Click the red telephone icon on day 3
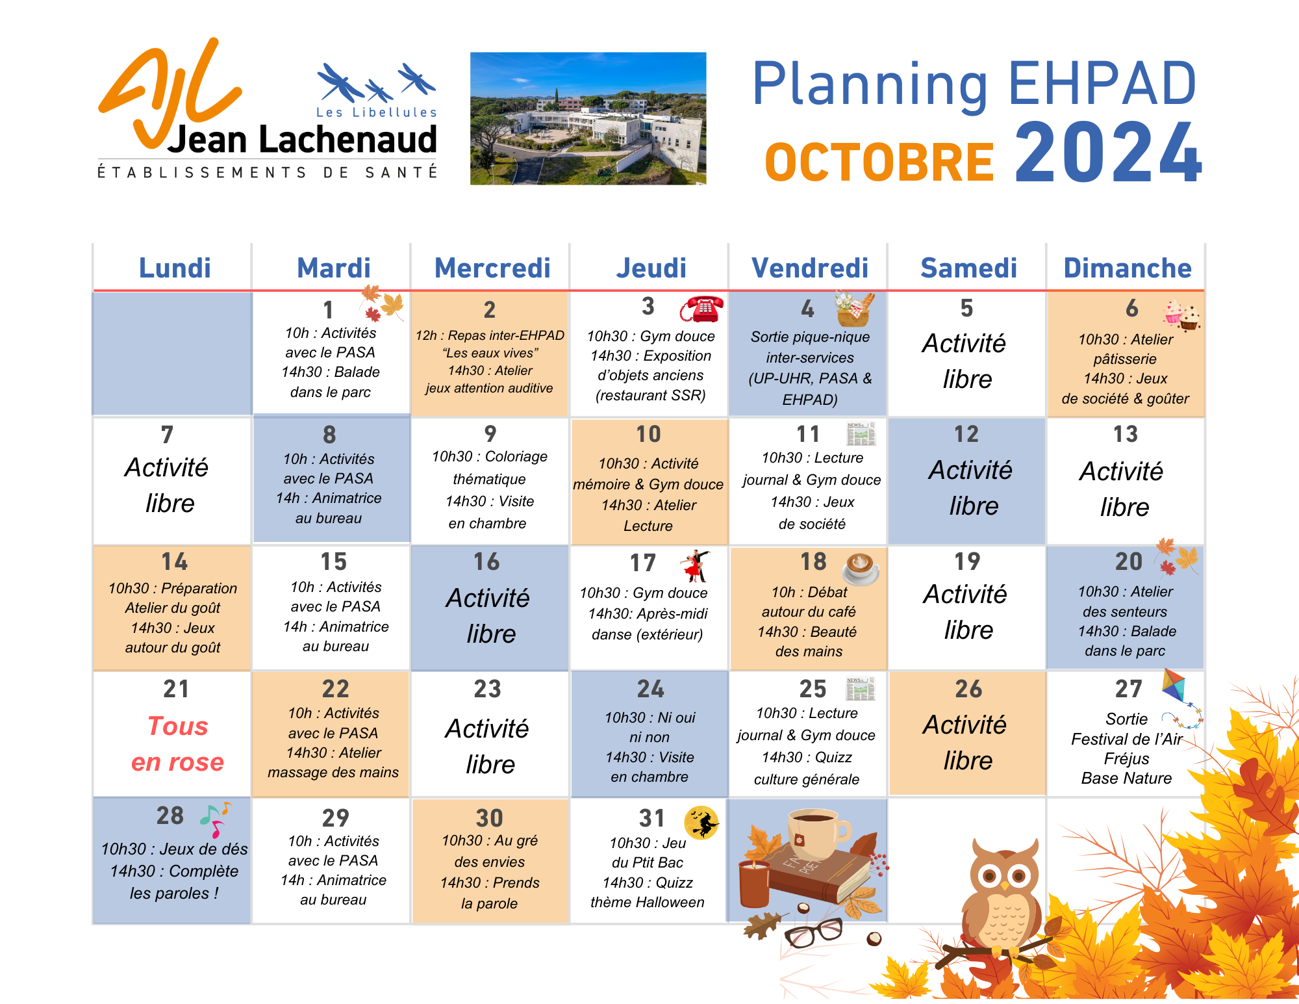(702, 308)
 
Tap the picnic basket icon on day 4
(855, 309)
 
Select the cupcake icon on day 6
(1181, 315)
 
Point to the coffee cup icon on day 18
(861, 568)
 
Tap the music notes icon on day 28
(215, 819)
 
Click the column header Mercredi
(492, 268)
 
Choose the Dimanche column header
(1128, 268)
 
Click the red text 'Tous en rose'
(177, 743)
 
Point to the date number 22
(335, 689)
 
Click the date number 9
(490, 433)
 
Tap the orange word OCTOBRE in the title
(879, 162)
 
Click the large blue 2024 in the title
(1108, 153)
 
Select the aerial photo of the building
(588, 118)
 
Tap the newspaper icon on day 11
(861, 433)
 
